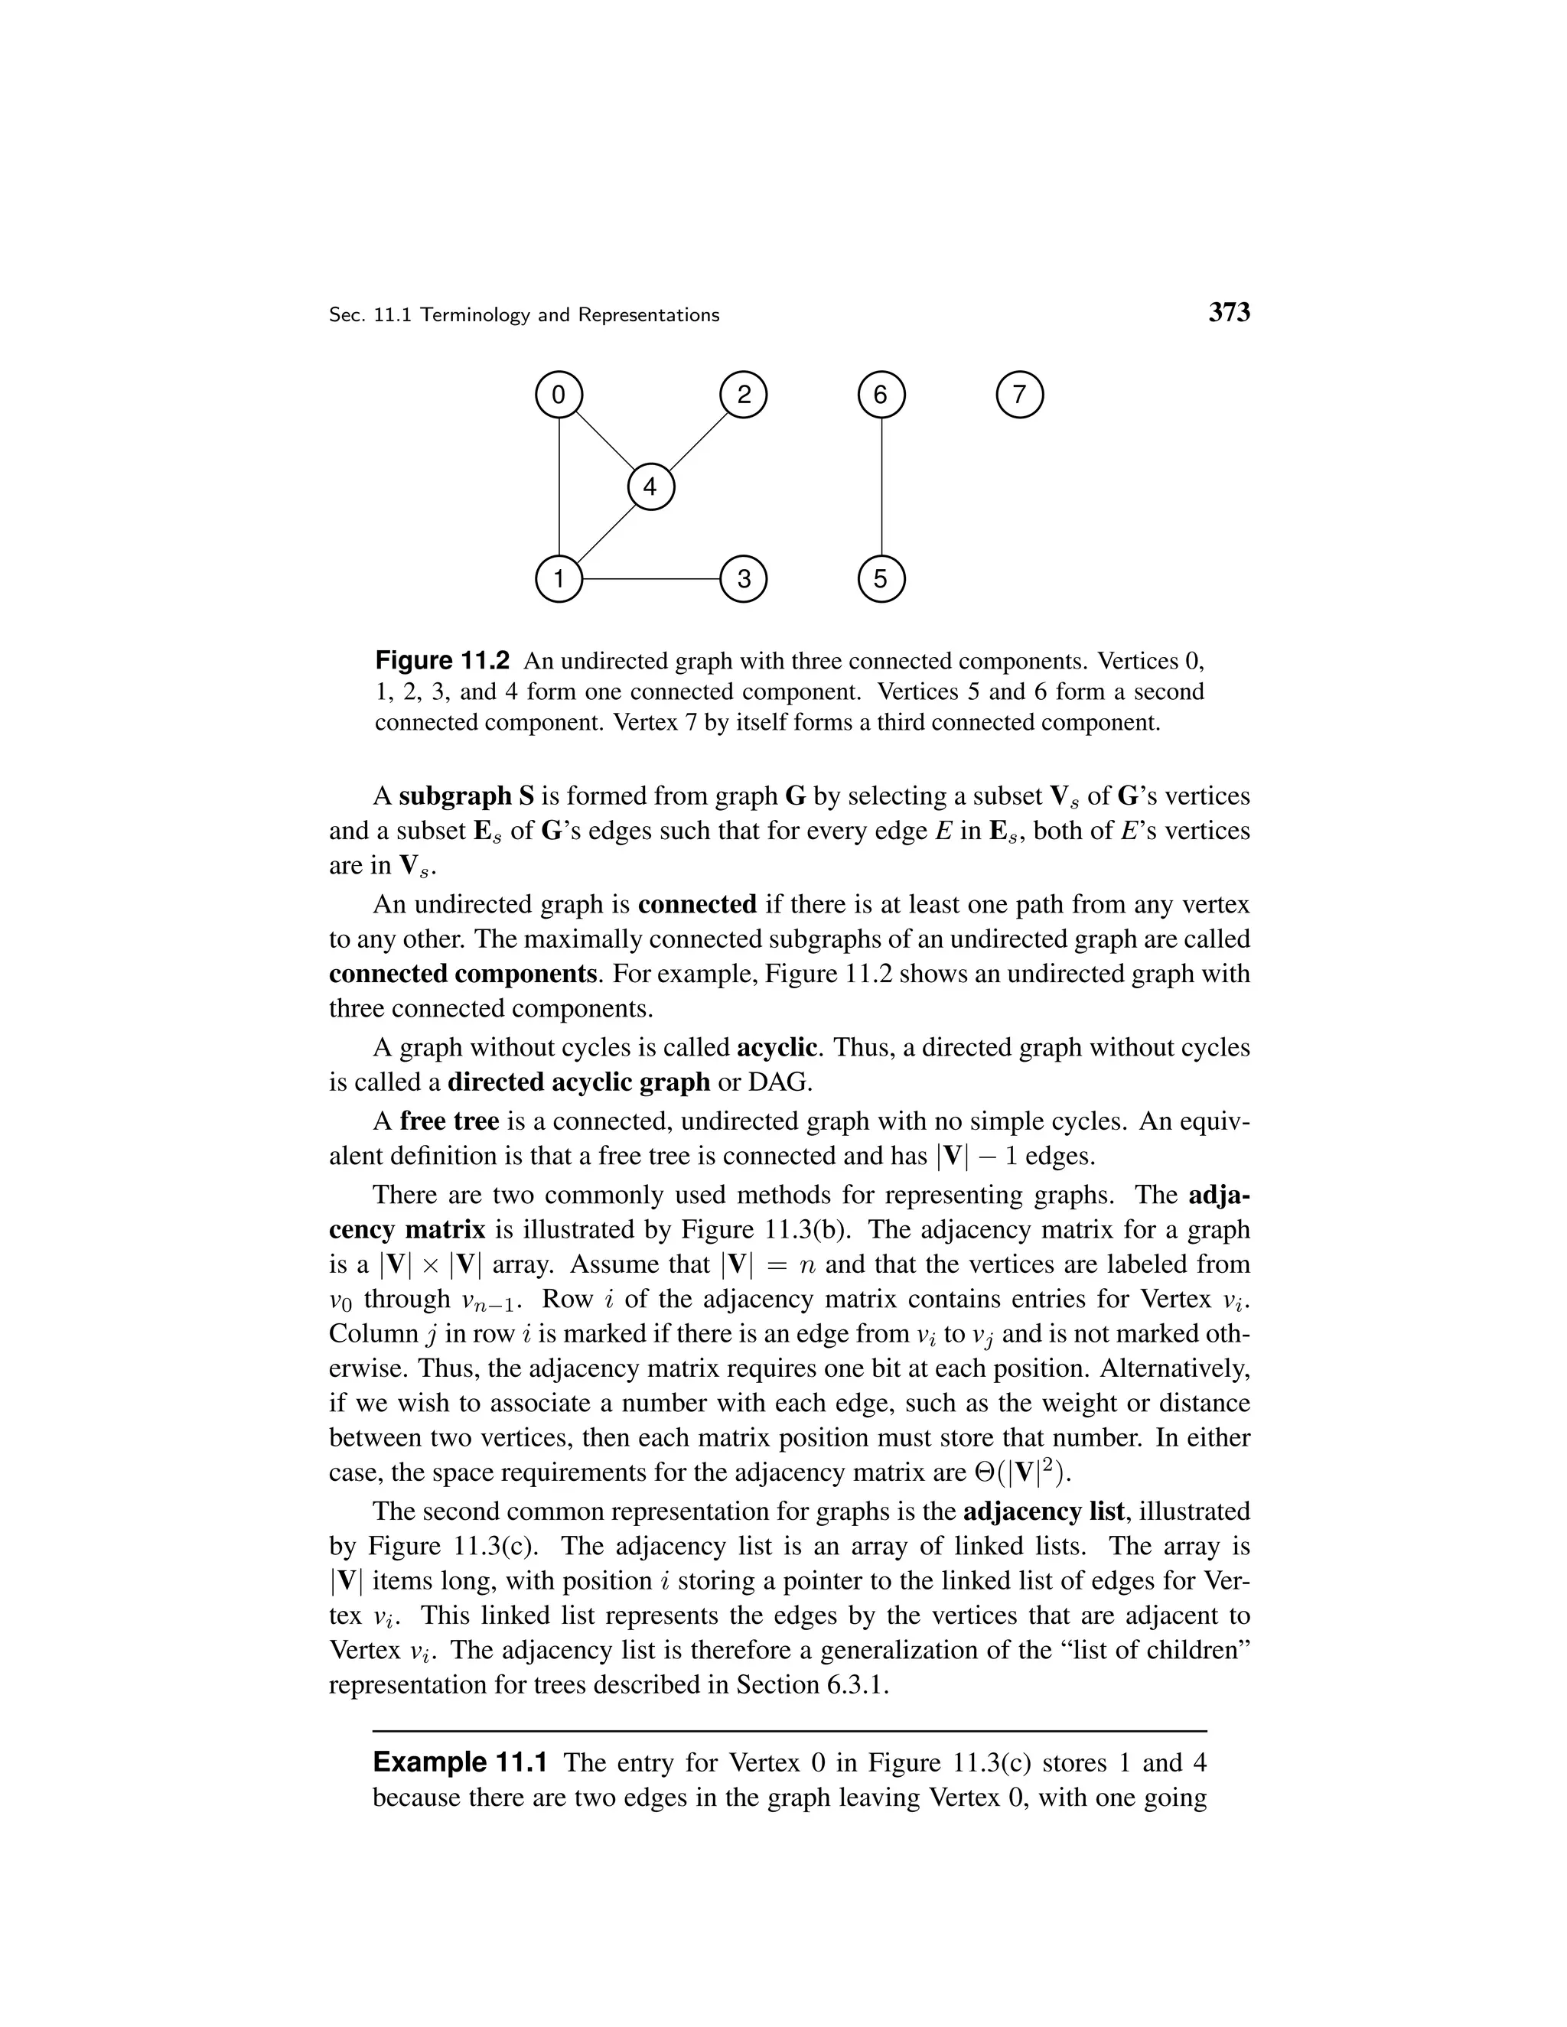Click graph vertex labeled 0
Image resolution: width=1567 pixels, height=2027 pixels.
(558, 395)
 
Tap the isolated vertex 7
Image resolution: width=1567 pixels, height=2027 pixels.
(1019, 395)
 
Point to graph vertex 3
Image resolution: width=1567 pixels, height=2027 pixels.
(744, 579)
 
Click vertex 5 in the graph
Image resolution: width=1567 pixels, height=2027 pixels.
(881, 579)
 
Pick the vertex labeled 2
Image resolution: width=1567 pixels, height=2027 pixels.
(744, 395)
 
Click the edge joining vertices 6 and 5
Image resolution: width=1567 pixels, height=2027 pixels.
(881, 487)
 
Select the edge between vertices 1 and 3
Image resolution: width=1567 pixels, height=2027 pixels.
(651, 579)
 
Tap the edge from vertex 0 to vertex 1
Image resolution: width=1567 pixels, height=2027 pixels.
(559, 487)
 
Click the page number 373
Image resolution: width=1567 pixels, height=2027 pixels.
(1228, 313)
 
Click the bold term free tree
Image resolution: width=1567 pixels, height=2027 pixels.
(449, 1121)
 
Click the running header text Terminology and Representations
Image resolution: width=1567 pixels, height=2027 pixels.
(569, 314)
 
